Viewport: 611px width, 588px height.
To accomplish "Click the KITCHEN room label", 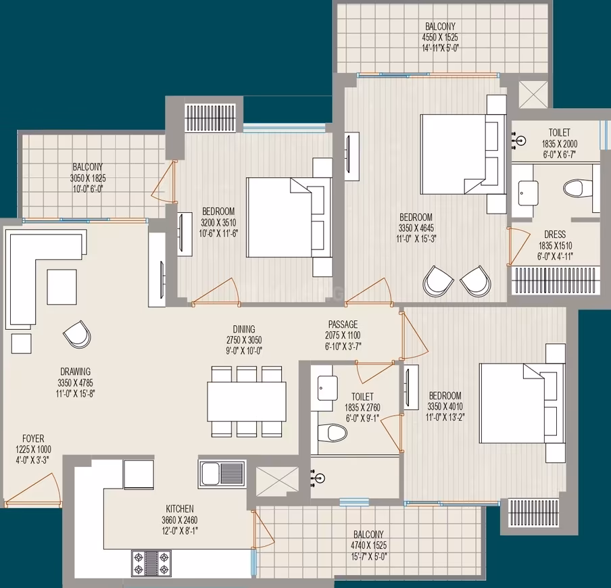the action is pos(180,509).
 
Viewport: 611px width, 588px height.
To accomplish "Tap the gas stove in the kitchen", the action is pos(151,563).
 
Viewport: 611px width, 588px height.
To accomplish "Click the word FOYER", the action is pos(33,439).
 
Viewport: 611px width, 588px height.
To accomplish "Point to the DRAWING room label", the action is pos(76,371).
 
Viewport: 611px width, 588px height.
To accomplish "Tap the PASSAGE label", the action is pos(343,324).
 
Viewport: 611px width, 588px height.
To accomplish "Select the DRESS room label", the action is pos(555,235).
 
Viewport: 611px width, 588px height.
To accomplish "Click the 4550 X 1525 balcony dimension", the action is pos(440,37).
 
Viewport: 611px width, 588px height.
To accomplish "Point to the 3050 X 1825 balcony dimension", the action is pos(88,178).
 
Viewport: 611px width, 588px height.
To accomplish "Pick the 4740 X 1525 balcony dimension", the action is pos(368,545).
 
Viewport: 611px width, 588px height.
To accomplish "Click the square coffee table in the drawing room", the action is pos(62,287).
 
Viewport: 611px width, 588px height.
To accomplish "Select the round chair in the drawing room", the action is pos(77,334).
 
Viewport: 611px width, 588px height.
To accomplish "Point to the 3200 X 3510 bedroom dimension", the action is pos(218,222).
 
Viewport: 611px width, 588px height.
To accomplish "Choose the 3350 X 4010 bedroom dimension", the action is pos(445,406).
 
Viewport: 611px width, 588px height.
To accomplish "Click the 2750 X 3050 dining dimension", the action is pos(244,339).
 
